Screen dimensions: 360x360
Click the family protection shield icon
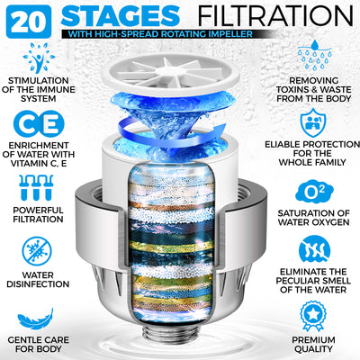click(312, 121)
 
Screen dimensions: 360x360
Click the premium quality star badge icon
click(312, 314)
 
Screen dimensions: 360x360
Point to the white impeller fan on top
click(180, 67)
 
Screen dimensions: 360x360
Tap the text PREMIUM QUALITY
click(312, 344)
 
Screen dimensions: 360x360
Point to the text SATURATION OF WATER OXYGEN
click(312, 219)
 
